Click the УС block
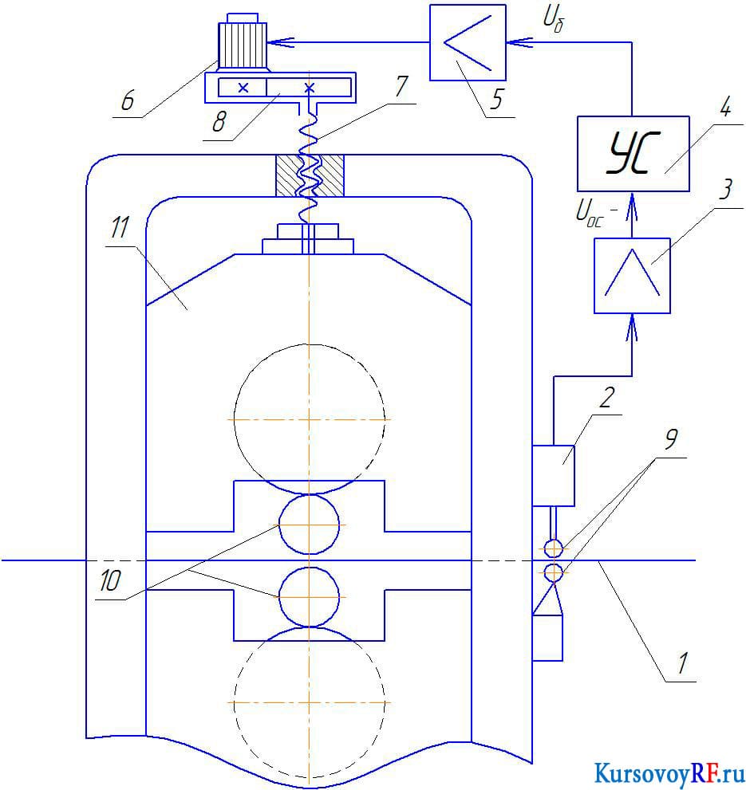[633, 154]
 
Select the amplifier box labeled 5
[468, 42]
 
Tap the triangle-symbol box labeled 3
[632, 276]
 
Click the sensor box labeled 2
[554, 476]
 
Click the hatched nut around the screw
[310, 175]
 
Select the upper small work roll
[310, 525]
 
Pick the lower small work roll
[310, 597]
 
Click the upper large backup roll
[310, 419]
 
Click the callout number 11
[120, 228]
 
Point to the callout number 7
[401, 86]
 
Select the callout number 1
[682, 663]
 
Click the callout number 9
[670, 439]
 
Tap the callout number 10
[110, 580]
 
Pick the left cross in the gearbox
[243, 88]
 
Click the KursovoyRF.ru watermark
[669, 773]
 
